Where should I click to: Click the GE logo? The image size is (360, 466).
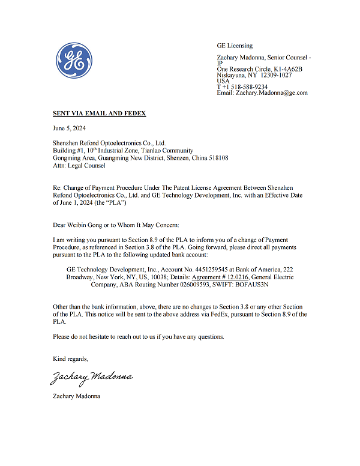click(74, 60)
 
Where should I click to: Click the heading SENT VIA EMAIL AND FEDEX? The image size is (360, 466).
click(99, 113)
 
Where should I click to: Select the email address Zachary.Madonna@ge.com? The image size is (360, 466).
click(272, 93)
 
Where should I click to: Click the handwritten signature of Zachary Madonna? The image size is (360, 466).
click(91, 377)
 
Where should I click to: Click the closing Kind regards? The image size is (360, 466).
click(70, 359)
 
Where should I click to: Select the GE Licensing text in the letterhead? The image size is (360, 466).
click(235, 46)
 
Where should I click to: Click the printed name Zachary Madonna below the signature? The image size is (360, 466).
click(76, 396)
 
